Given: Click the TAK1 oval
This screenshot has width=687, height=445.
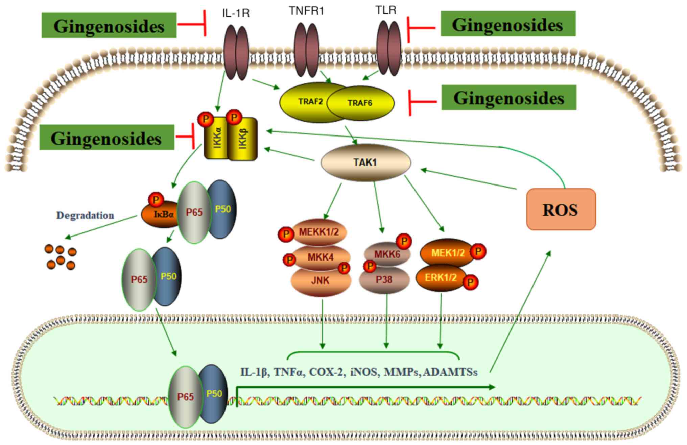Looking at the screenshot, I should [x=365, y=163].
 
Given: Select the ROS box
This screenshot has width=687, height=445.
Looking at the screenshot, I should [x=561, y=209].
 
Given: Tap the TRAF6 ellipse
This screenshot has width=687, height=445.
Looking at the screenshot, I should [x=360, y=103].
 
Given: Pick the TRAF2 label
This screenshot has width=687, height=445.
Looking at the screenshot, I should [x=310, y=101].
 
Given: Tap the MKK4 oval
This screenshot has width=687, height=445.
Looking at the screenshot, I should [x=320, y=257].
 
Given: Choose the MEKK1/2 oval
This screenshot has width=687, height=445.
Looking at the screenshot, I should [x=318, y=232].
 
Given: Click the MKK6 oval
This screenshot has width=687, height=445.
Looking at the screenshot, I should [x=387, y=254].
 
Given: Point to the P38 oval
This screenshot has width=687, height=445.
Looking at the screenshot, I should [x=384, y=280].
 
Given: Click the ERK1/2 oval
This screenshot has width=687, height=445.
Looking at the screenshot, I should [x=441, y=278].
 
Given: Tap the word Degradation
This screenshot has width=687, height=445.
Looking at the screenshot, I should [x=85, y=215].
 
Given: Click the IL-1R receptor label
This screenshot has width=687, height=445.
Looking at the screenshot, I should [x=236, y=13].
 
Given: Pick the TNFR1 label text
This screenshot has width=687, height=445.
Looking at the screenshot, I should [x=306, y=11].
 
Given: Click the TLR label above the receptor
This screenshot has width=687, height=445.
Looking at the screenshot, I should [x=386, y=10].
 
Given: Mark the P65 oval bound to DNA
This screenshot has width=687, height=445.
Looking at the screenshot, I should [x=185, y=397].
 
